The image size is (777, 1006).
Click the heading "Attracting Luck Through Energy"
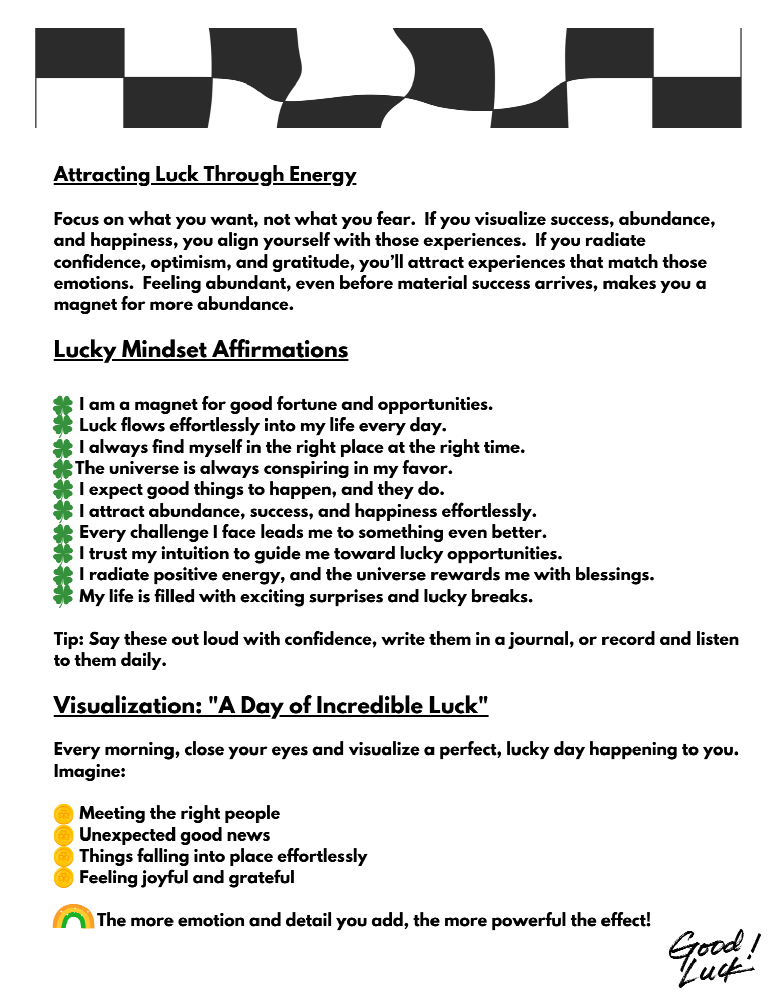[205, 175]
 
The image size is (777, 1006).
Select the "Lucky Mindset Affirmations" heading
[201, 350]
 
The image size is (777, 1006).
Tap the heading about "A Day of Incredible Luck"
[271, 705]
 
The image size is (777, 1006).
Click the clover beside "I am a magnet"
[63, 405]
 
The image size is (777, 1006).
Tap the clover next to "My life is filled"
[63, 597]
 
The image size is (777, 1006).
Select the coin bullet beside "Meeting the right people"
[64, 814]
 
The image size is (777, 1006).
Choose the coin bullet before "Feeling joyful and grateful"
[64, 878]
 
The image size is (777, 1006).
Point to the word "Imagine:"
[90, 771]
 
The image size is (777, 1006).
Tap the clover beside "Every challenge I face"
[63, 533]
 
